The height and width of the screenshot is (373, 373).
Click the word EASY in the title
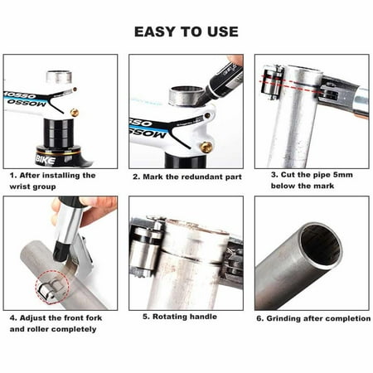155,31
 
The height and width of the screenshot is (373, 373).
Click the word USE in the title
221,31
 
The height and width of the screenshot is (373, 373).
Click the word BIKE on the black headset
45,156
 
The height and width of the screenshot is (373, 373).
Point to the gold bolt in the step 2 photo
204,147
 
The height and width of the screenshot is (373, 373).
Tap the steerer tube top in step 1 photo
58,76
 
